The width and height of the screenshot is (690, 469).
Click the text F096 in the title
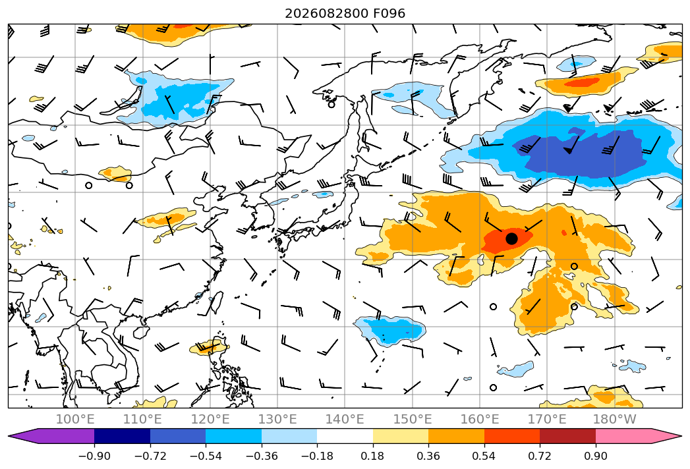coord(389,13)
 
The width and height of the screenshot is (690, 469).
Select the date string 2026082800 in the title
coord(326,13)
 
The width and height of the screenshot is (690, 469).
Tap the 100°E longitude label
coord(75,419)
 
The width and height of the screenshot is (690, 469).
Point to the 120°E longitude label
coord(210,419)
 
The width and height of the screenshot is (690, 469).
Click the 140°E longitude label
coord(345,419)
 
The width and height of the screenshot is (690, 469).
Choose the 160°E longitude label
coord(480,419)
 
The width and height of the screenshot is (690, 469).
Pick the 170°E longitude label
coord(547,419)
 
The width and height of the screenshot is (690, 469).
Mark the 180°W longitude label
coord(615,419)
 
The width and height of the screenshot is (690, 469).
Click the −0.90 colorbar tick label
coord(94,456)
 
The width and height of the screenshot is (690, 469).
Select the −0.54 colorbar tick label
coord(206,456)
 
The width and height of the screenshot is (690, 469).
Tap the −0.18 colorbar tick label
coord(317,456)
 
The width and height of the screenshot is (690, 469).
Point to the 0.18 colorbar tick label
coord(373,456)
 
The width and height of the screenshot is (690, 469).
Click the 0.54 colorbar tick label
coord(484,456)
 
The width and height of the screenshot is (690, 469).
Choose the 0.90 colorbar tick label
coord(595,456)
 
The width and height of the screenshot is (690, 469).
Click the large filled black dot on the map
coord(511,238)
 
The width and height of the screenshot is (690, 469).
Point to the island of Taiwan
coord(217,302)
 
